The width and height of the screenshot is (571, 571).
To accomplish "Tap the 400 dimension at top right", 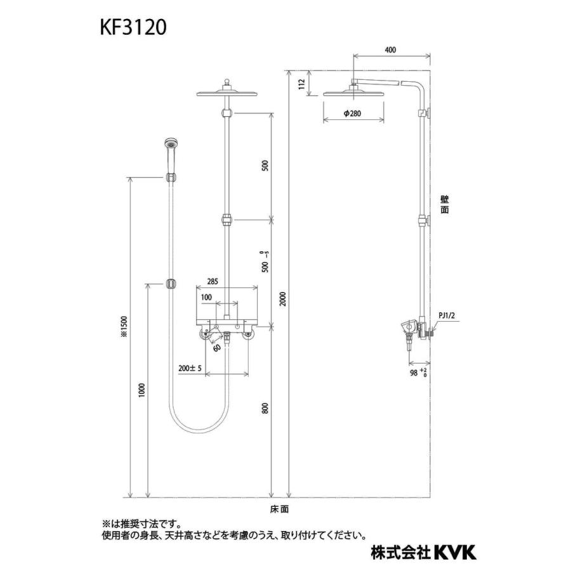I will point(390,49).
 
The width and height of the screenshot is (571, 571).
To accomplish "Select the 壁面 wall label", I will point(444,205).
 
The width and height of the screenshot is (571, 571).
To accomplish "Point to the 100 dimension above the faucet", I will point(207,297).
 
